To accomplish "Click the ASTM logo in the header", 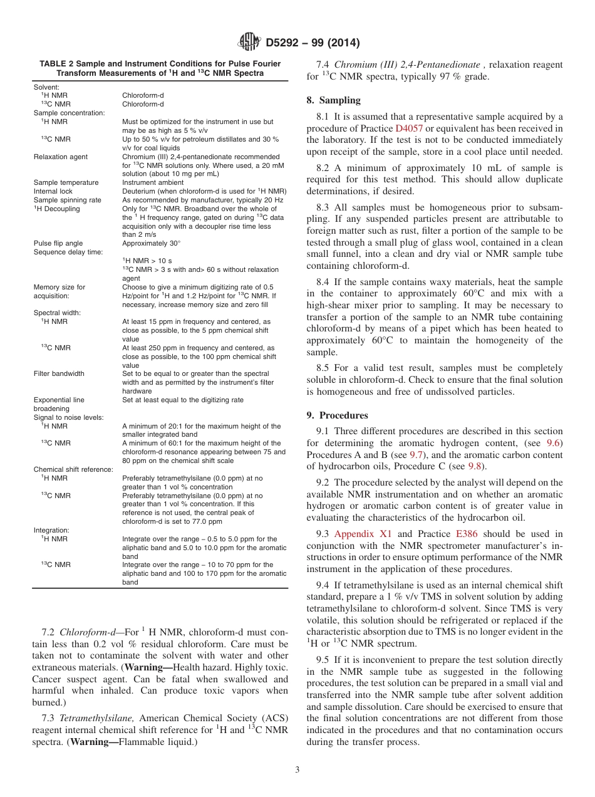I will pos(249,43).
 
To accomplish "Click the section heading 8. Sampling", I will pos(333,100).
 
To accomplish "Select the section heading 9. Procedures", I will pos(337,415).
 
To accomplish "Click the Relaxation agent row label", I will pos(61,157).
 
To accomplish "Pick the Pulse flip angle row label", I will pos(58,243).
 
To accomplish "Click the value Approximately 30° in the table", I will pos(151,243).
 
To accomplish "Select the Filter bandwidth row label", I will pos(59,373).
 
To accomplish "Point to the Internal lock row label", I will pos(53,191).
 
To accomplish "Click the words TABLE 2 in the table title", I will pos(59,64).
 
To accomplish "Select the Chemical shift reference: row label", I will pos(73,469).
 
